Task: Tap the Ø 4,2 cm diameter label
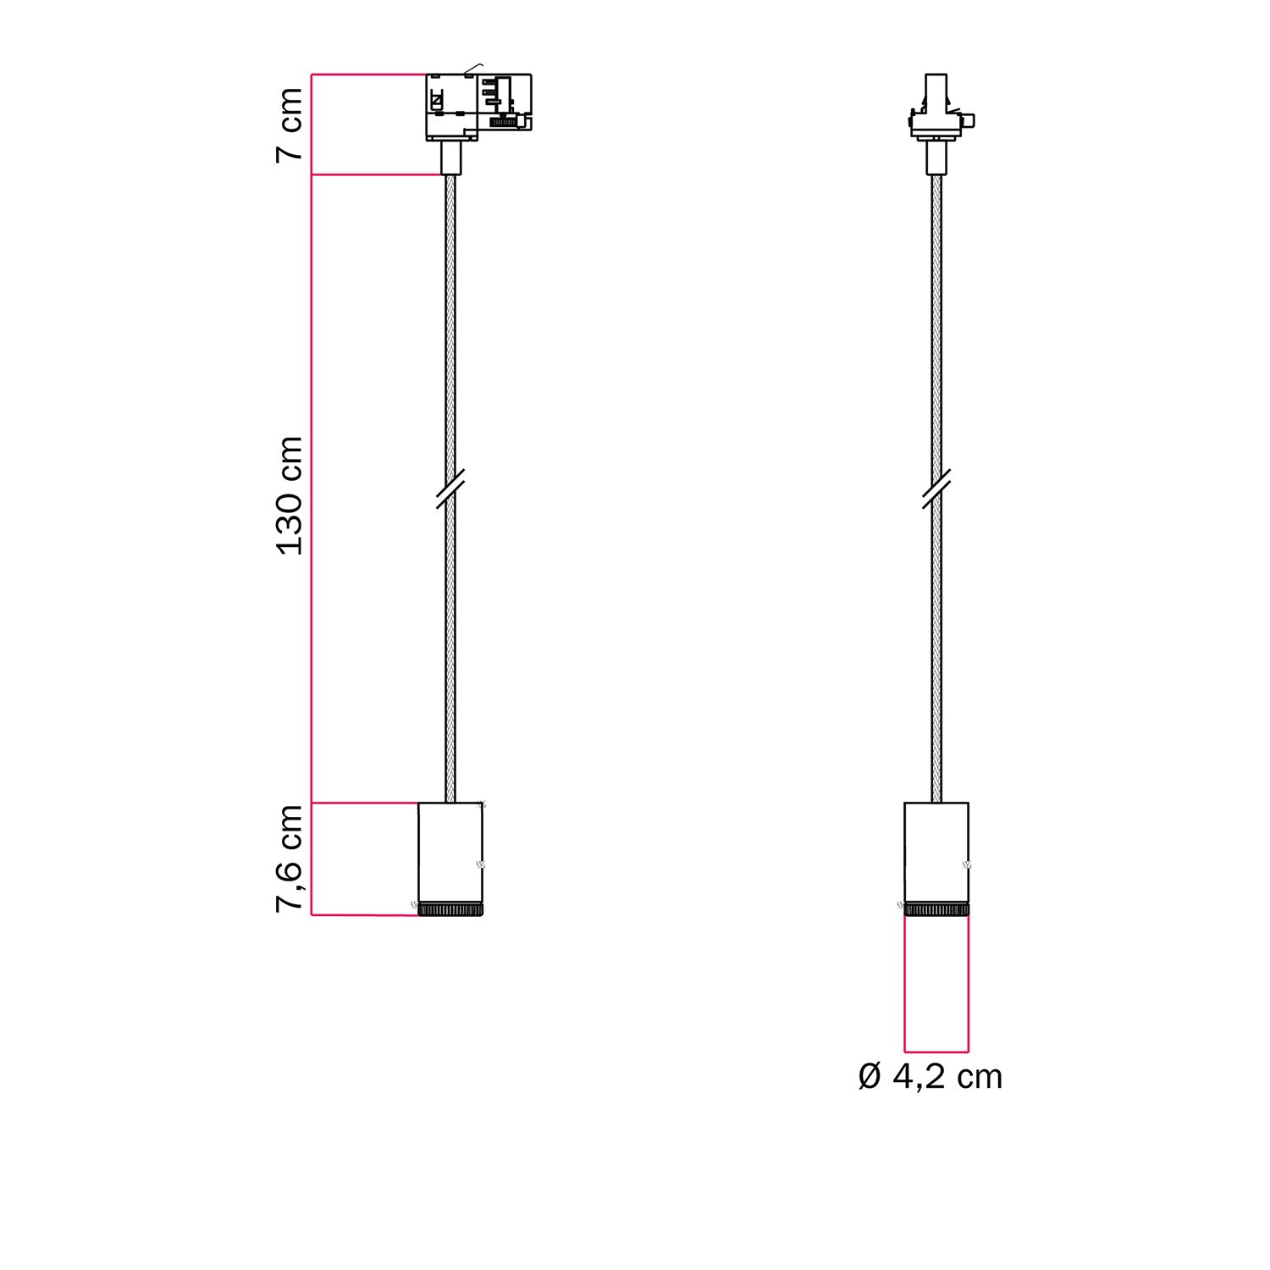coord(930,1077)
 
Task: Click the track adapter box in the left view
coord(478,106)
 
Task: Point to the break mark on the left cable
coord(450,489)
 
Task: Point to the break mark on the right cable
coord(936,489)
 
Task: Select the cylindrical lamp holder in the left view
coord(450,852)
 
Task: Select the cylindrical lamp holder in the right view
coord(936,852)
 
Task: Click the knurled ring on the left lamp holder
coord(450,909)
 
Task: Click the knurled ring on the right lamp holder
coord(936,909)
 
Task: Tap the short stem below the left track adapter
coord(450,157)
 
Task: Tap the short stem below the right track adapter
coord(936,157)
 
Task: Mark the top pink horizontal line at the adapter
coord(368,75)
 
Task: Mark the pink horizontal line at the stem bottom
coord(377,174)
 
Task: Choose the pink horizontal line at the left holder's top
coord(364,802)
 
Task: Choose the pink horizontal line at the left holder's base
coord(364,915)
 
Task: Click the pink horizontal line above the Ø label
coord(936,1052)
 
